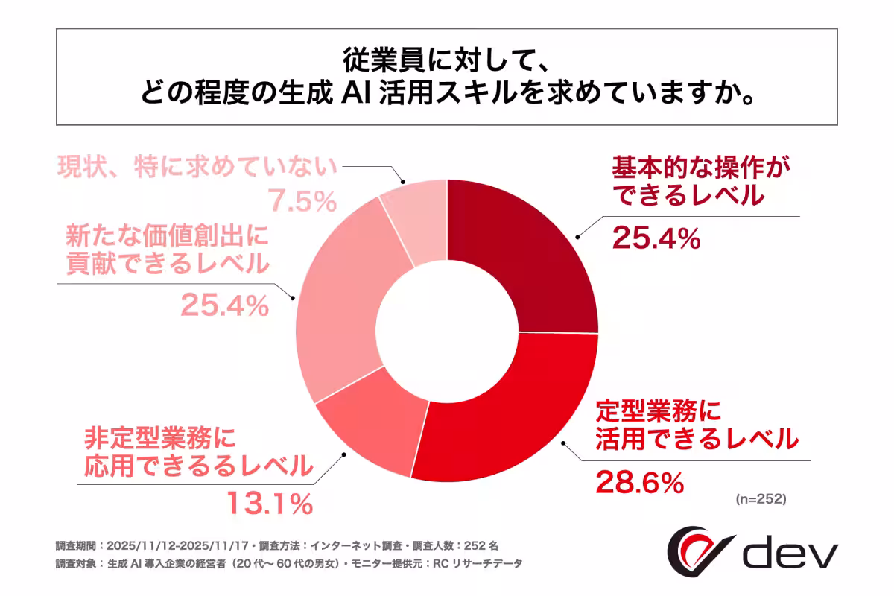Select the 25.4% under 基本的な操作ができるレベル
pyautogui.click(x=656, y=238)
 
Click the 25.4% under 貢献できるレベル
pyautogui.click(x=223, y=304)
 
